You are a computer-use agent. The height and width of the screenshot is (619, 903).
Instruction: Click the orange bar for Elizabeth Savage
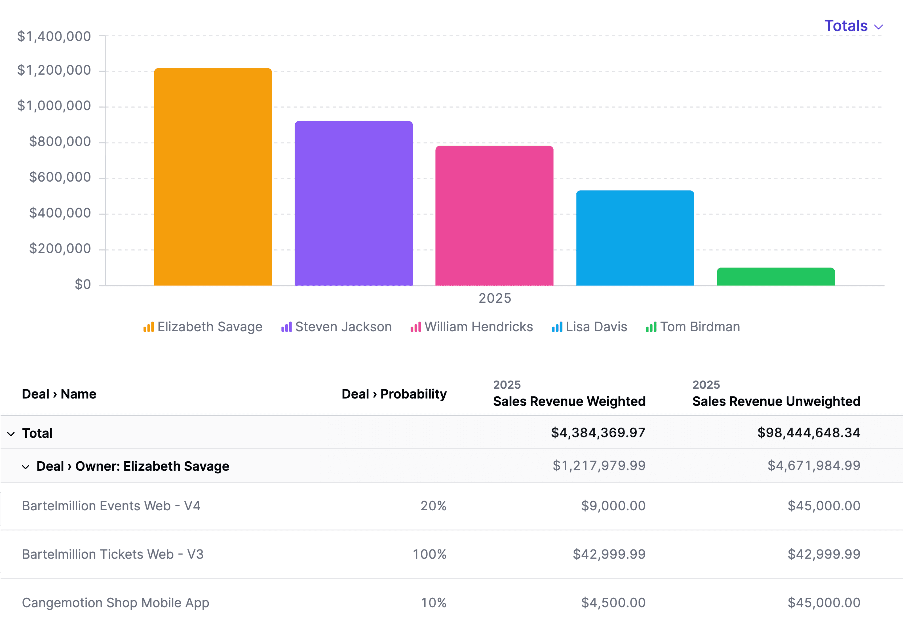point(213,177)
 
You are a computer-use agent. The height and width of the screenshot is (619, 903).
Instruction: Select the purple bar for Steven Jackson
point(354,203)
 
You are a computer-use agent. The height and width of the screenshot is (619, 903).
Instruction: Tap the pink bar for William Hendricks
point(494,216)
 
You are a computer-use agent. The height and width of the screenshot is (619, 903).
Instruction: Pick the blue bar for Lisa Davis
point(635,238)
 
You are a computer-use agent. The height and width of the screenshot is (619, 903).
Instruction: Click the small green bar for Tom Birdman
point(776,277)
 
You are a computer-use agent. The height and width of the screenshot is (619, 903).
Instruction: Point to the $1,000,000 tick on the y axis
point(54,106)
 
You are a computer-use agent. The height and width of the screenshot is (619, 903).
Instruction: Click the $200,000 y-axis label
point(60,248)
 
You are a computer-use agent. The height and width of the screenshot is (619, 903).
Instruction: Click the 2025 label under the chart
point(495,298)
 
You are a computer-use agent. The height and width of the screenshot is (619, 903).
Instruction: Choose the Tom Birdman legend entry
point(693,327)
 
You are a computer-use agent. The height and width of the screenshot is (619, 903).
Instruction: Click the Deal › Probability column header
point(394,394)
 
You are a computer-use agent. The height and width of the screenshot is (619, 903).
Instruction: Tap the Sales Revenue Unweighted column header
point(776,401)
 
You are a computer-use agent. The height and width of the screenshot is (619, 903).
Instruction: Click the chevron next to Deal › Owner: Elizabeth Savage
point(26,467)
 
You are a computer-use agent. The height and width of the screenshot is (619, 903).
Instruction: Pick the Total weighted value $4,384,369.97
point(598,433)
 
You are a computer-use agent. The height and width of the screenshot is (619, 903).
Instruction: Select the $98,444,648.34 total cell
point(809,433)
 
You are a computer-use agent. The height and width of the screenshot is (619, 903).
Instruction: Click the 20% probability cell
point(433,506)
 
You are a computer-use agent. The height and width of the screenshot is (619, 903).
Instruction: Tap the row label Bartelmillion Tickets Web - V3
point(113,554)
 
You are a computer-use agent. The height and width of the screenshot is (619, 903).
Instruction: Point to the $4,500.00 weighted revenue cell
point(613,603)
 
